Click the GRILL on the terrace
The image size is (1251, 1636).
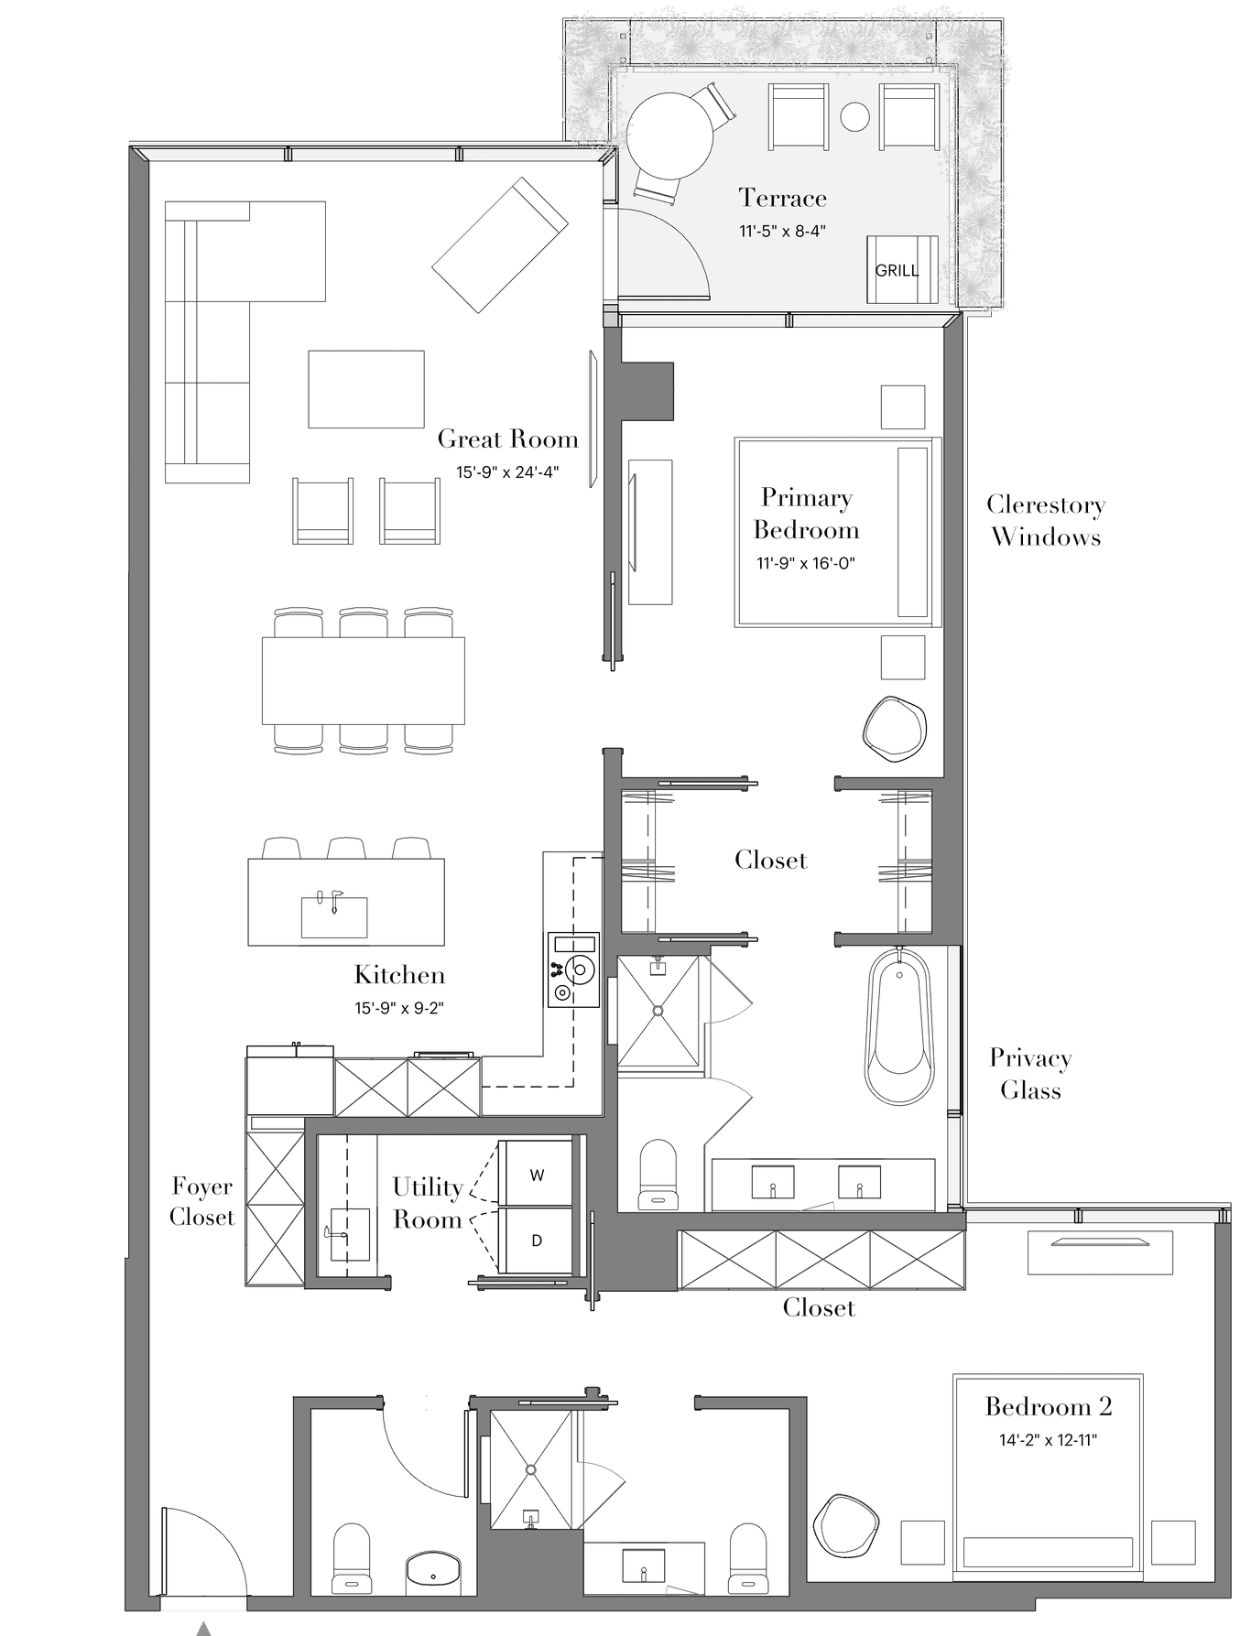point(902,270)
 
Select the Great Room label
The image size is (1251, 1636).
point(508,439)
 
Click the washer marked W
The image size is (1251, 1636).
point(537,1175)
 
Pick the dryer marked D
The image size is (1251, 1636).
point(537,1241)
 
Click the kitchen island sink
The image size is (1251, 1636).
point(334,916)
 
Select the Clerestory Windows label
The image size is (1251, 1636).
point(1046,521)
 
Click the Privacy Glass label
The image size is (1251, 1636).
point(1030,1074)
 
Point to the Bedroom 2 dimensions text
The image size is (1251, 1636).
point(1048,1440)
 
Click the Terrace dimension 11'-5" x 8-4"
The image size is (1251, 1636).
point(783,231)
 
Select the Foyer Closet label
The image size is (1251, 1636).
point(202,1201)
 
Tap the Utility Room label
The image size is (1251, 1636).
point(428,1203)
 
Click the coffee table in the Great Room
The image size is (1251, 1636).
point(366,389)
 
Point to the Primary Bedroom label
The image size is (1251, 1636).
point(806,514)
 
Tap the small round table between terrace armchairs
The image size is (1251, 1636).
point(854,116)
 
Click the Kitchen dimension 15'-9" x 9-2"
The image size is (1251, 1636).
point(399,1009)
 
